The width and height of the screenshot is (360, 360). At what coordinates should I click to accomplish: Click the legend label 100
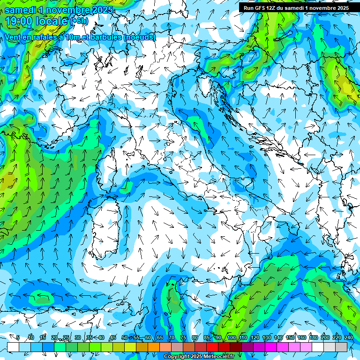[x=232, y=338]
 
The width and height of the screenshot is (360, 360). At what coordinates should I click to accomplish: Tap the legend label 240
[x=349, y=338]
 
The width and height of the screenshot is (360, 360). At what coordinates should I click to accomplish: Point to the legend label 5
[x=18, y=338]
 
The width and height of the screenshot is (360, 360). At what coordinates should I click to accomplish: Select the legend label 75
[x=183, y=338]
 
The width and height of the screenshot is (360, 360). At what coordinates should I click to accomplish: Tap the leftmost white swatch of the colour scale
[x=13, y=347]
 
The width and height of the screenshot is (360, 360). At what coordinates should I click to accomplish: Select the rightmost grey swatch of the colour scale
[x=341, y=347]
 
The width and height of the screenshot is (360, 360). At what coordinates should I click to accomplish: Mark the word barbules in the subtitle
[x=105, y=37]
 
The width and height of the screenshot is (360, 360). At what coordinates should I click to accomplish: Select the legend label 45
[x=112, y=338]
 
